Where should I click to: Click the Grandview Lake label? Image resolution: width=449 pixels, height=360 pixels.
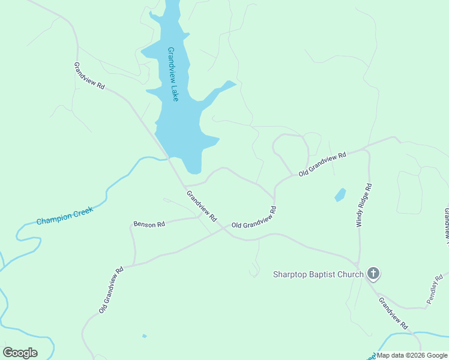tap(173, 74)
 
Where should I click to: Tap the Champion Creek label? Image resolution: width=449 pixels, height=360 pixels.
tap(65, 217)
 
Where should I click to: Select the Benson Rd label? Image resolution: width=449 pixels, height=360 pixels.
tap(149, 224)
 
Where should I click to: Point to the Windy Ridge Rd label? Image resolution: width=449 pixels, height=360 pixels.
tap(364, 205)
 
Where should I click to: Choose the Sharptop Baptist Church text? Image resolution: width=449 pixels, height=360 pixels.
tap(318, 275)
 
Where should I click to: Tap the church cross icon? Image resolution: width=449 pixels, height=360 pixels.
tap(373, 274)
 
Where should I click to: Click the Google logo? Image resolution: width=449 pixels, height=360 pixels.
tap(20, 353)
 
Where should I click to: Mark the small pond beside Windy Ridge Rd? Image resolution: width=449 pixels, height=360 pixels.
tap(340, 195)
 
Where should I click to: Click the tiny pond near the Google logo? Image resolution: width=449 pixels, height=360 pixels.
tap(144, 336)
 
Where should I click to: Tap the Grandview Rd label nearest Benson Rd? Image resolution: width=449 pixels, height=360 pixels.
tap(201, 206)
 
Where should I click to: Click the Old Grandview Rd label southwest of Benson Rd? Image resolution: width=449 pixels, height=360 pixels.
tap(111, 290)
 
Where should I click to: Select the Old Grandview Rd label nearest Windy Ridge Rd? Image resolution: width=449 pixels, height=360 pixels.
tap(323, 163)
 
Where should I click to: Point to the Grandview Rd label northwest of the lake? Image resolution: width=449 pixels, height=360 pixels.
tap(89, 76)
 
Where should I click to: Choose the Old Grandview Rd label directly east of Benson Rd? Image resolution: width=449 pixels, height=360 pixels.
tap(254, 217)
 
